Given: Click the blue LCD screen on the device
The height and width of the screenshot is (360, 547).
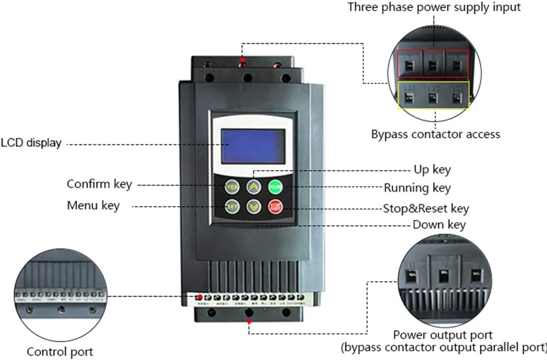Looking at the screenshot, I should click(253, 146).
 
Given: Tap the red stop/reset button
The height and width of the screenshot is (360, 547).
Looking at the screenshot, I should click(275, 207).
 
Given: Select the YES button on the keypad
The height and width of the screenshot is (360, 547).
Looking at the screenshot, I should click(232, 187).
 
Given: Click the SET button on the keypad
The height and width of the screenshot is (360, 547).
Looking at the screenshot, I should click(232, 207).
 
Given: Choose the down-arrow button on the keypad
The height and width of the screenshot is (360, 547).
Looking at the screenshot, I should click(254, 207).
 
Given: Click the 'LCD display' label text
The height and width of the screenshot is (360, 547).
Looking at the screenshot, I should click(31, 143).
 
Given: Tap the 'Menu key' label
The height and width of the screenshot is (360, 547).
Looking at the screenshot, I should click(93, 206).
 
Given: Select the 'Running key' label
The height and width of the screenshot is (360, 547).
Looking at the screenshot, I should click(417, 188).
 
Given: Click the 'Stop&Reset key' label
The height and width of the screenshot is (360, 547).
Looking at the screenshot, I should click(426, 209).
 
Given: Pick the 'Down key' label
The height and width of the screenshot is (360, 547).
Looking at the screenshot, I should click(439, 225).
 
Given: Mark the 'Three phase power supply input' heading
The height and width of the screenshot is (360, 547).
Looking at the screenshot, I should click(434, 7).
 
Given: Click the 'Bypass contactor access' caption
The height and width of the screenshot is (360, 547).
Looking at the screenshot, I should click(435, 134).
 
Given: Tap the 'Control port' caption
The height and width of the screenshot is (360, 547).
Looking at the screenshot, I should click(60, 352).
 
